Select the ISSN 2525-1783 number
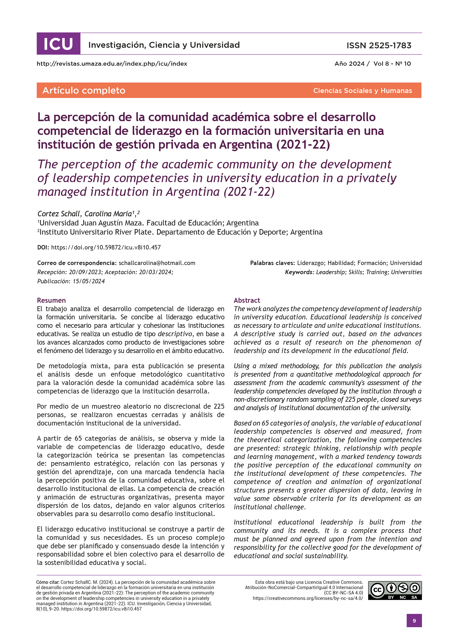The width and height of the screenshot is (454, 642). (x=379, y=45)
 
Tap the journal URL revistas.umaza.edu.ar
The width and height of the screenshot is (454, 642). (x=112, y=64)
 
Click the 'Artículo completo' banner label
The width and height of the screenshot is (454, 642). (x=84, y=90)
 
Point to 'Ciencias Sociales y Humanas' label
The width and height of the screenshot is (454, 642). (x=362, y=91)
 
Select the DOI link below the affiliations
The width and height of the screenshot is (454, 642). (x=106, y=247)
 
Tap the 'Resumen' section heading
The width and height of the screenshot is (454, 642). (x=51, y=300)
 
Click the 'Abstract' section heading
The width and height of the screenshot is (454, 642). (x=247, y=300)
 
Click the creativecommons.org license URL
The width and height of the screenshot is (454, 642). (x=308, y=598)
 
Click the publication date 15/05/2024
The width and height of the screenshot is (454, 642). (x=89, y=281)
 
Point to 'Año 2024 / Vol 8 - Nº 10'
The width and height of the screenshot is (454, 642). (x=373, y=64)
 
